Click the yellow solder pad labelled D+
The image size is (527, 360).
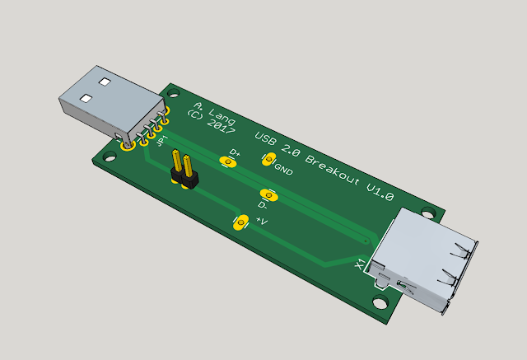pyautogui.click(x=228, y=162)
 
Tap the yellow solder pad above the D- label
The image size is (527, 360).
pyautogui.click(x=273, y=195)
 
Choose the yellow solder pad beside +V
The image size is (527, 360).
pyautogui.click(x=241, y=222)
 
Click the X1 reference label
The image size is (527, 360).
pyautogui.click(x=359, y=264)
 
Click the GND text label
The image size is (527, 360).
pyautogui.click(x=284, y=171)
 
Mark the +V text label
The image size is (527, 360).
pyautogui.click(x=262, y=222)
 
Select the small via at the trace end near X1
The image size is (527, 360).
pyautogui.click(x=366, y=241)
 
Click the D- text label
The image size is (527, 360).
pyautogui.click(x=262, y=205)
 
